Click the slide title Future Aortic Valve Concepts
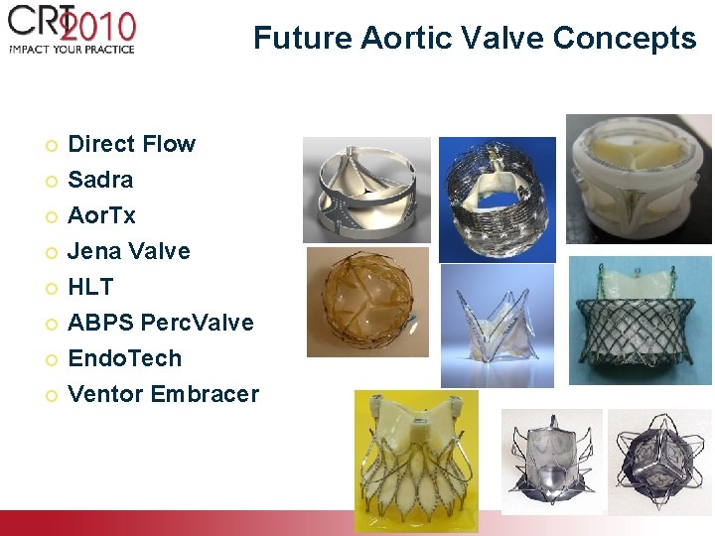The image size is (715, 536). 475,38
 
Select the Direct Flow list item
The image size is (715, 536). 131,144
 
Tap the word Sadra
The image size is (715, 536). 100,180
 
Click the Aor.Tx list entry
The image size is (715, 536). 101,215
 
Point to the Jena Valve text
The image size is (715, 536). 128,251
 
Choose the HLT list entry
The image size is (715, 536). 90,287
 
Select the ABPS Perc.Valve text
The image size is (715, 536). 160,323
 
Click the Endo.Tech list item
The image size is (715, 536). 124,358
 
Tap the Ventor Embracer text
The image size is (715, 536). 163,394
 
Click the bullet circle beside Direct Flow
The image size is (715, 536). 52,145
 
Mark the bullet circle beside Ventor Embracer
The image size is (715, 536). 52,395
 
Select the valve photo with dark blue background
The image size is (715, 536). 498,199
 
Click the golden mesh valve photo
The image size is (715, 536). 367,302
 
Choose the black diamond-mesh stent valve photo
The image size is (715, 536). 640,321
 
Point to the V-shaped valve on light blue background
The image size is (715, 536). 497,326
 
